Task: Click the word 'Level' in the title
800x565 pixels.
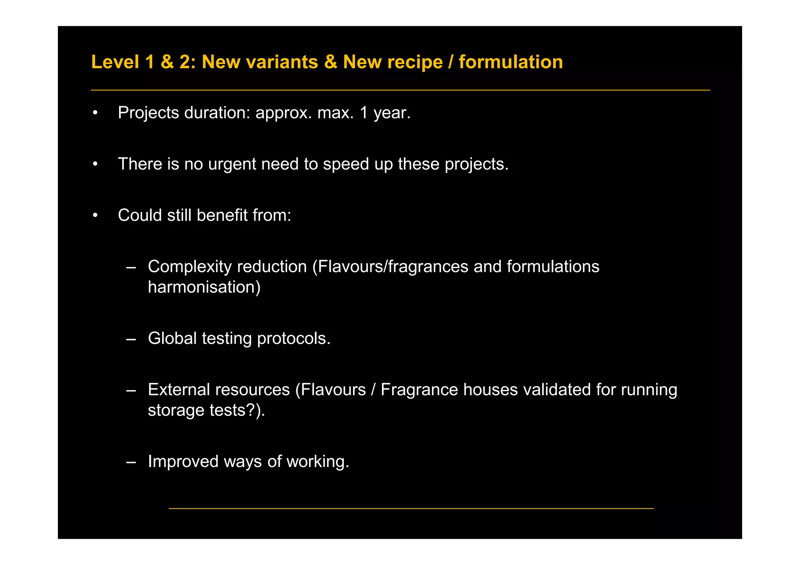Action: (115, 62)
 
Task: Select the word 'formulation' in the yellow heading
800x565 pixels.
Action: (511, 62)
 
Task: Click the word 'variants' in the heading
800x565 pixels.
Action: (260, 62)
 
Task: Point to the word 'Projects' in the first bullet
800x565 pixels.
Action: (148, 113)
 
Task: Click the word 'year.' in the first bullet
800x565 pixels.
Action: (392, 113)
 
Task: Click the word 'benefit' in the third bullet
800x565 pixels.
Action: (222, 215)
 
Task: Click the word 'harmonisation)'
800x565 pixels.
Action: (204, 287)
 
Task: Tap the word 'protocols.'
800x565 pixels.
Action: (294, 339)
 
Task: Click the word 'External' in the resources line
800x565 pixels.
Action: (179, 390)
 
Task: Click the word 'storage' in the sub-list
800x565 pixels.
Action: (176, 410)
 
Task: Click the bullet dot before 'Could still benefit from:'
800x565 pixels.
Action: (95, 215)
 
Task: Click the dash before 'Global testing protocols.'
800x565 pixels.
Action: (131, 339)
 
